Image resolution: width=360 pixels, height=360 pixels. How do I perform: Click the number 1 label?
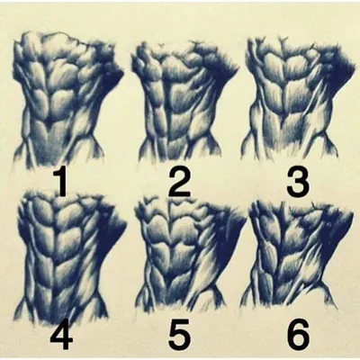(x=61, y=183)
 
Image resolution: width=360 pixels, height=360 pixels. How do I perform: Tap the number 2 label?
(x=179, y=183)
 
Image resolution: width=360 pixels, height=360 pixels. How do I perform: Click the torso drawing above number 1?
(x=67, y=99)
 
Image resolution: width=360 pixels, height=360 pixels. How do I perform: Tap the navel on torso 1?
(x=48, y=122)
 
